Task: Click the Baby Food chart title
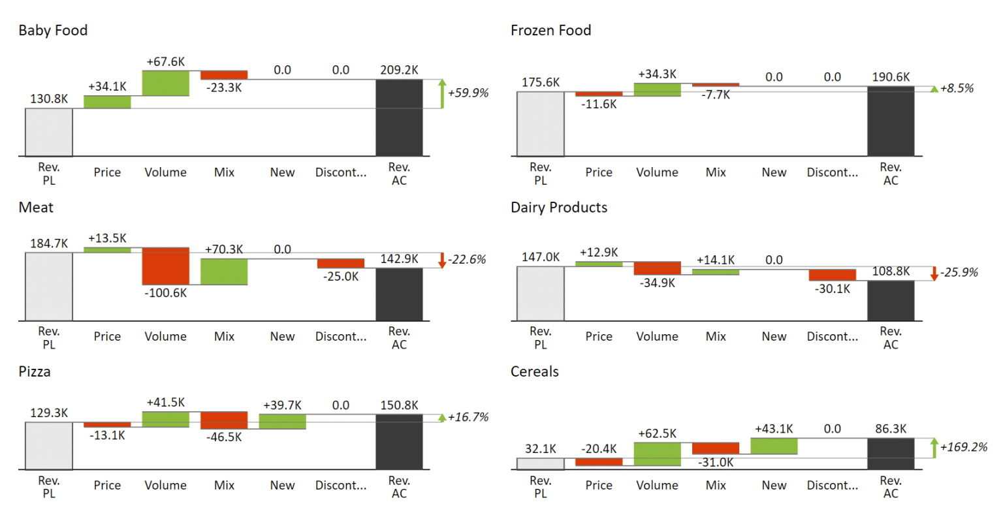(x=53, y=31)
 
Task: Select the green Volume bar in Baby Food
(x=166, y=84)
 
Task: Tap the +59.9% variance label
(x=468, y=93)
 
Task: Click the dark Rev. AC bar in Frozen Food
(x=891, y=121)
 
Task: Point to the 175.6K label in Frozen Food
(x=541, y=82)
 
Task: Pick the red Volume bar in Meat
(x=166, y=266)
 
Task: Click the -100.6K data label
(x=166, y=293)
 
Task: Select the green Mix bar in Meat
(x=224, y=272)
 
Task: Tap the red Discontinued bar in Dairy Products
(x=833, y=275)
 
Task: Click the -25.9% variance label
(x=959, y=272)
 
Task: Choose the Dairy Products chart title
(x=559, y=208)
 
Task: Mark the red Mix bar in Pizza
(x=224, y=420)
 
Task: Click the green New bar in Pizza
(x=282, y=422)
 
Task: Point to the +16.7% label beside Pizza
(x=468, y=417)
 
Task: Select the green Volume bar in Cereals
(x=657, y=454)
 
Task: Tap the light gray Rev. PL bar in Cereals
(x=541, y=464)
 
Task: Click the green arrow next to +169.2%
(x=934, y=448)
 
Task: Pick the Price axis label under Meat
(x=107, y=336)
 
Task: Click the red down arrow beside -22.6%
(x=442, y=260)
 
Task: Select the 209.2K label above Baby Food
(x=399, y=70)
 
